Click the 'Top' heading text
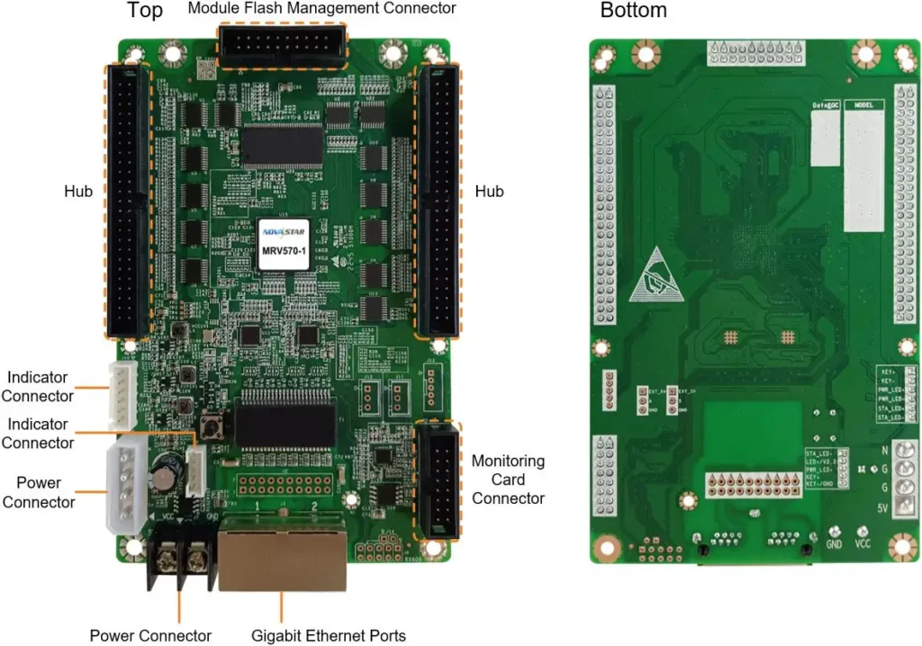[x=145, y=11]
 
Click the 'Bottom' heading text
[x=634, y=11]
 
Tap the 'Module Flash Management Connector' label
[x=321, y=8]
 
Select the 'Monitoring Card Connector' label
[x=508, y=480]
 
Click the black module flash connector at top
[x=281, y=45]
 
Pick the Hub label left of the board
[x=78, y=192]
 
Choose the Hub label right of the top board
[x=489, y=192]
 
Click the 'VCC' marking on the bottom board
[x=862, y=544]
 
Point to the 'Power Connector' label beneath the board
[x=150, y=635]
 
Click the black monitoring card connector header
[x=437, y=482]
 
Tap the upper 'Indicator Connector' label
[x=38, y=386]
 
